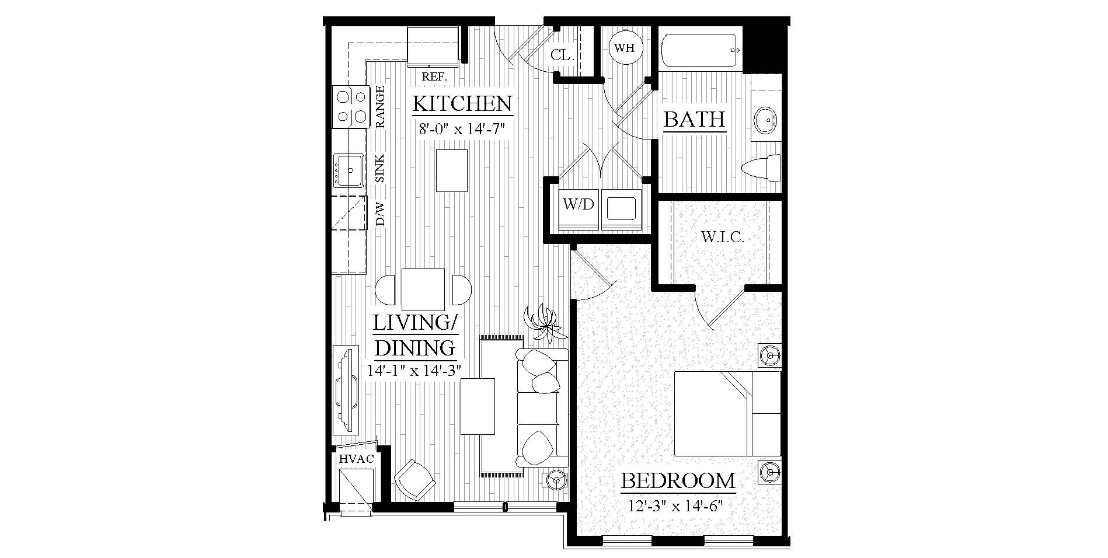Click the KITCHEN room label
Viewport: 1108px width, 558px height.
(462, 104)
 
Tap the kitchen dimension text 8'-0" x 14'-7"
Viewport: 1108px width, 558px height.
(461, 129)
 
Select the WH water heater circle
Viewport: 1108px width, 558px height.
(625, 48)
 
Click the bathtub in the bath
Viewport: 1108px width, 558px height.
(698, 51)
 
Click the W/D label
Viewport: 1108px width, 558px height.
(578, 204)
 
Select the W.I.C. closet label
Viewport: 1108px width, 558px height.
(722, 237)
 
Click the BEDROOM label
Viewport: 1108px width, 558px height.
(678, 481)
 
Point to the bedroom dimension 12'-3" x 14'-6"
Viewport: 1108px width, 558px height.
(676, 505)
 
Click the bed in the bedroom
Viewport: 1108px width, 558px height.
(727, 413)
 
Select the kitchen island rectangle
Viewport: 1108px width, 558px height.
(452, 170)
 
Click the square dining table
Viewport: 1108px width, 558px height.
(423, 290)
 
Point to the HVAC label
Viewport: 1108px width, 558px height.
(356, 459)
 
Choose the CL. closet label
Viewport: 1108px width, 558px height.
(562, 55)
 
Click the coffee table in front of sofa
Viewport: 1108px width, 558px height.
(478, 406)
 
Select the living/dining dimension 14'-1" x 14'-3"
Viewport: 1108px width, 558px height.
(415, 369)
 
